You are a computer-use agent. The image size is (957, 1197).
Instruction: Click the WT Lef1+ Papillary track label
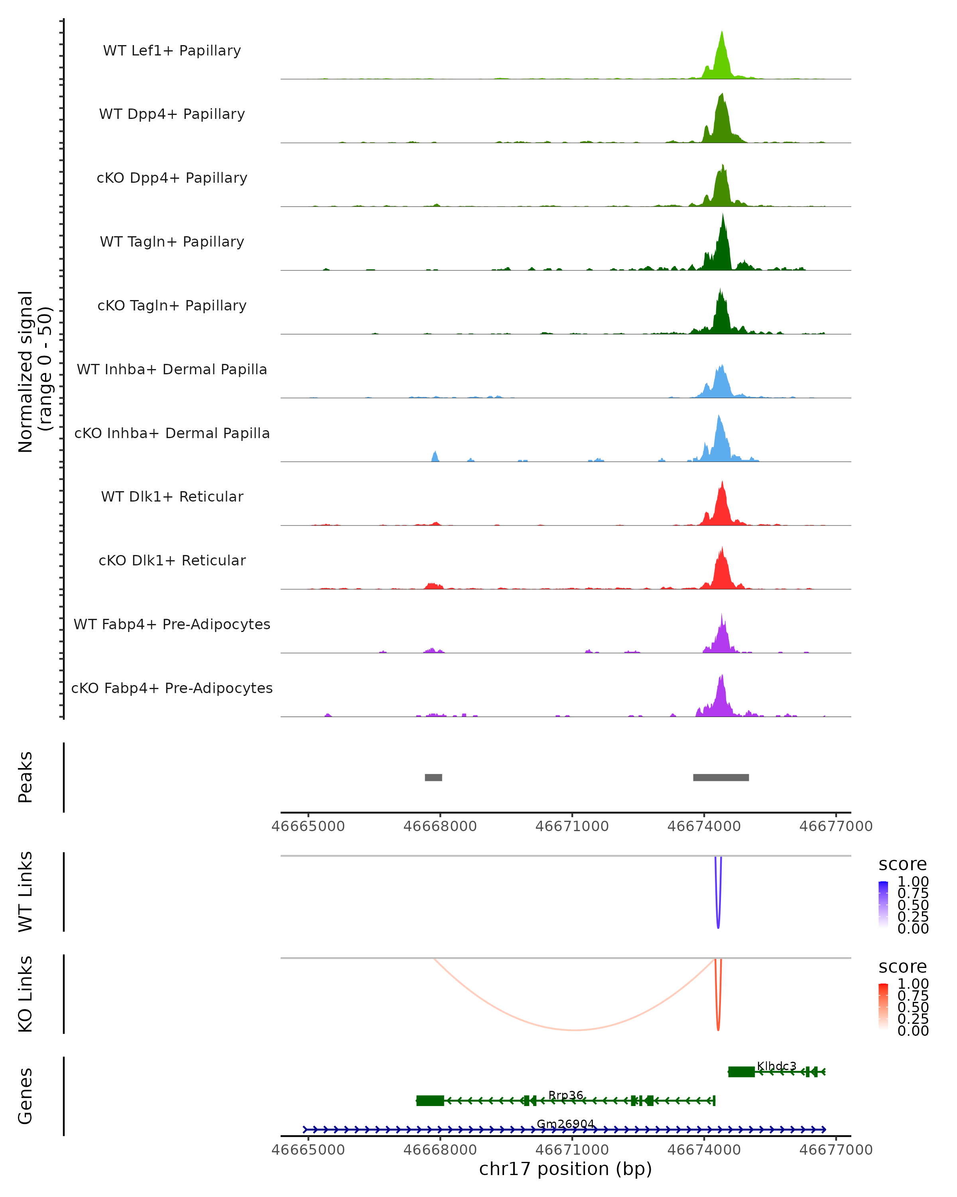[172, 51]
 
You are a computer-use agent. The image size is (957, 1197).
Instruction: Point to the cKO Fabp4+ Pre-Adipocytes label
[172, 688]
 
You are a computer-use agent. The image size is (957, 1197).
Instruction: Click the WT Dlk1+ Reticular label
[172, 496]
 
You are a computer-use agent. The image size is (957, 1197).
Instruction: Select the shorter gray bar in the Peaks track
[433, 777]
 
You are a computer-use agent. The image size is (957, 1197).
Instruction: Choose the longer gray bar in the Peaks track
[721, 777]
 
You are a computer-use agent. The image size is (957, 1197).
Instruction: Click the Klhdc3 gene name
[776, 1066]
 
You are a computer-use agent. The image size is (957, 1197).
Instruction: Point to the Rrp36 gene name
[565, 1095]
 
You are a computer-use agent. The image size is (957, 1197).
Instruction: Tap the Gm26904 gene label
[565, 1124]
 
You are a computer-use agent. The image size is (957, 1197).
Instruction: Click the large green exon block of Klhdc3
[741, 1072]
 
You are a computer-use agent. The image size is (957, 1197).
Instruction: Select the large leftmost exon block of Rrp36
[430, 1100]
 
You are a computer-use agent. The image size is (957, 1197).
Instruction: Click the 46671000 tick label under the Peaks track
[572, 826]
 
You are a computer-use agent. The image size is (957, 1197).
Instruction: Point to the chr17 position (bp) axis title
[565, 1169]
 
